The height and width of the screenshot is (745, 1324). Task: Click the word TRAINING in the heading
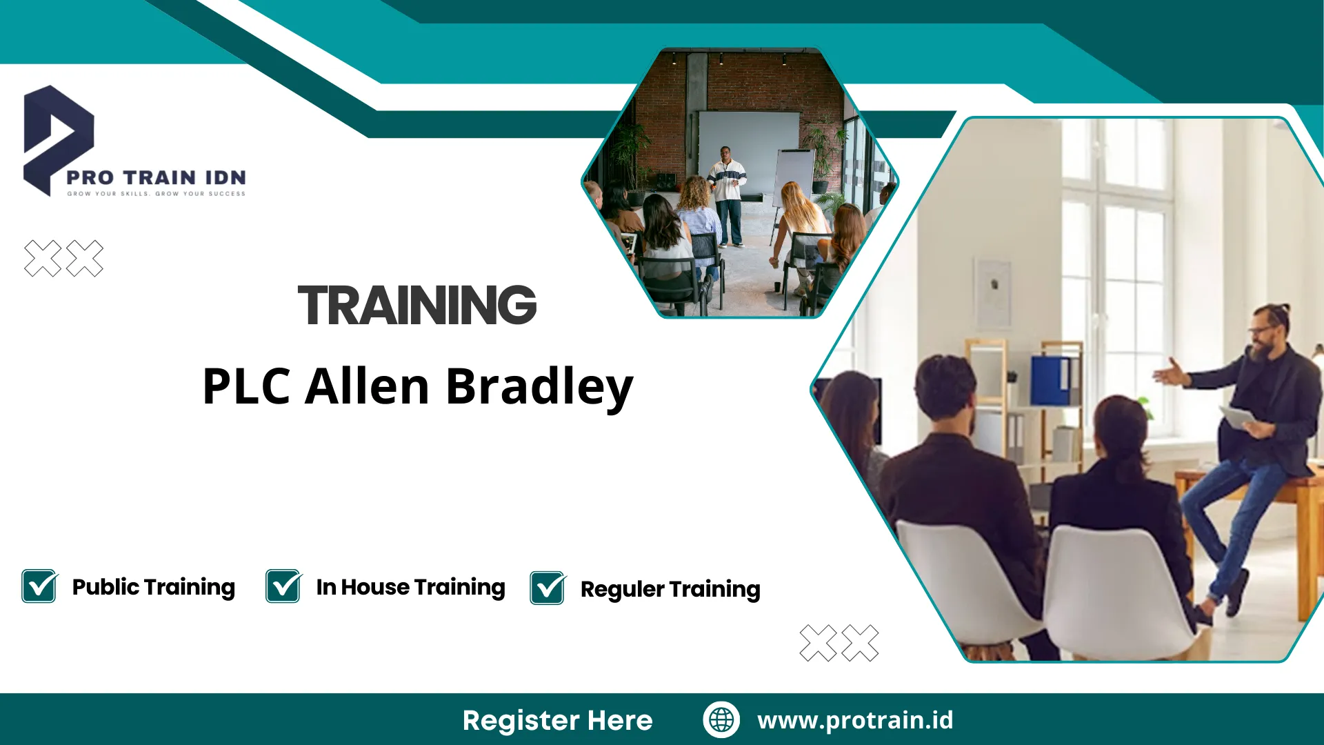click(417, 305)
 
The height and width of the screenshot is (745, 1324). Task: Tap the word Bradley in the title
click(539, 388)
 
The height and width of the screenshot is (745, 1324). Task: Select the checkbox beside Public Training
click(39, 586)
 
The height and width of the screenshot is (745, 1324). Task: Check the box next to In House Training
click(283, 586)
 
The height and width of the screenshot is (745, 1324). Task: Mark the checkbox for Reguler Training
click(548, 588)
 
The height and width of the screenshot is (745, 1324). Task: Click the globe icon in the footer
click(721, 719)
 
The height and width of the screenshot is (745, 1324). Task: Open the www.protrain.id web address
click(855, 720)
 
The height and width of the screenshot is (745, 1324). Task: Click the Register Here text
click(557, 720)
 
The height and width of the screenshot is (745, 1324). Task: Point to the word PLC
click(246, 386)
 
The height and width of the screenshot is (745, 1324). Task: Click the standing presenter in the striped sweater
click(728, 197)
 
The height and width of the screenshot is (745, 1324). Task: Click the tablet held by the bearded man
click(1238, 417)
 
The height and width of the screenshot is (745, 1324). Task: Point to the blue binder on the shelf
click(1052, 380)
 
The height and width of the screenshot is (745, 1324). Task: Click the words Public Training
click(154, 587)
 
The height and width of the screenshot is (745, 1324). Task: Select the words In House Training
click(411, 587)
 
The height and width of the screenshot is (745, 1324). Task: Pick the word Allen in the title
click(368, 386)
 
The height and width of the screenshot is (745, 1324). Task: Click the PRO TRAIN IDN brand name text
click(156, 178)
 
